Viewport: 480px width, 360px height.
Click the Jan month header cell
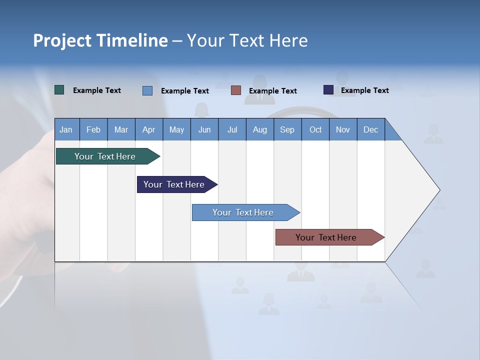(66, 129)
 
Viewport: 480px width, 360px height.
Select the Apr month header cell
(149, 129)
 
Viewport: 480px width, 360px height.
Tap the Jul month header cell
(232, 129)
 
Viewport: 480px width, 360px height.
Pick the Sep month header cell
(287, 129)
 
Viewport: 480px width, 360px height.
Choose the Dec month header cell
(370, 129)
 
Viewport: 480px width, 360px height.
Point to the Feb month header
(93, 129)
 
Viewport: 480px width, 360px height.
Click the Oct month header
(315, 129)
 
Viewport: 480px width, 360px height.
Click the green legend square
(59, 90)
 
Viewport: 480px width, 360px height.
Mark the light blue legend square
(147, 90)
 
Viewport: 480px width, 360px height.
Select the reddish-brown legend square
(236, 90)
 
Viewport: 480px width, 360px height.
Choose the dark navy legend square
(328, 90)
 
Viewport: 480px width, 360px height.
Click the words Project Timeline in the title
(100, 40)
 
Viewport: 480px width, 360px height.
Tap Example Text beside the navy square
(364, 90)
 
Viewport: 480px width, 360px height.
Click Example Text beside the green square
(97, 90)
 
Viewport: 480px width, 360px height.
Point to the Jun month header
(204, 129)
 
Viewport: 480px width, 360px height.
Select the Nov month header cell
(343, 129)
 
